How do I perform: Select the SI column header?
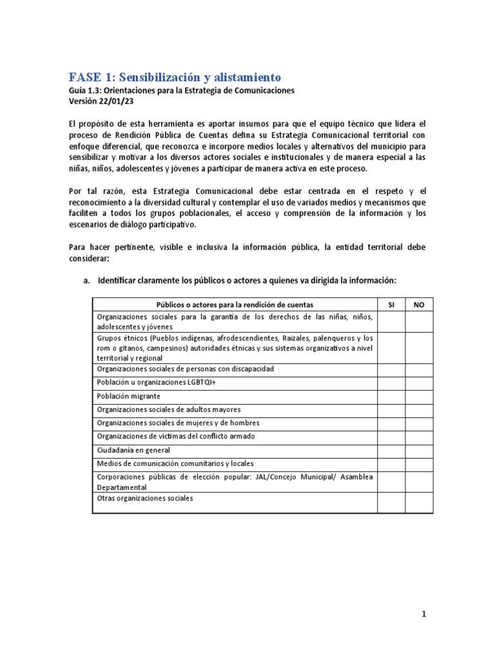pos(391,304)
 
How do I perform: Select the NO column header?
pos(418,304)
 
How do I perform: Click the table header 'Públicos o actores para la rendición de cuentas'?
pos(235,304)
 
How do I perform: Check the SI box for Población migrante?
pos(391,396)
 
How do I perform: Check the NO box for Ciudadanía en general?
pos(418,450)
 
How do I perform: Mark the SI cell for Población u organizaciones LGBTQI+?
pos(391,382)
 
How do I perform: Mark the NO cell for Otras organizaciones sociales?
pos(418,503)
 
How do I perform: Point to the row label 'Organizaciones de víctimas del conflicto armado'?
pos(175,436)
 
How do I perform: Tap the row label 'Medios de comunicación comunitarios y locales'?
pos(175,463)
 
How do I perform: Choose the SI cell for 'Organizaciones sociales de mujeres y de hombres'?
pos(391,423)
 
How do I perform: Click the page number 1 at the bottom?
pos(424,614)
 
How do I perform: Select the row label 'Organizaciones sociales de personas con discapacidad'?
pos(185,369)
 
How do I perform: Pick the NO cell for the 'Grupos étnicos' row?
pos(418,347)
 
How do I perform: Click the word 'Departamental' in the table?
pos(122,488)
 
